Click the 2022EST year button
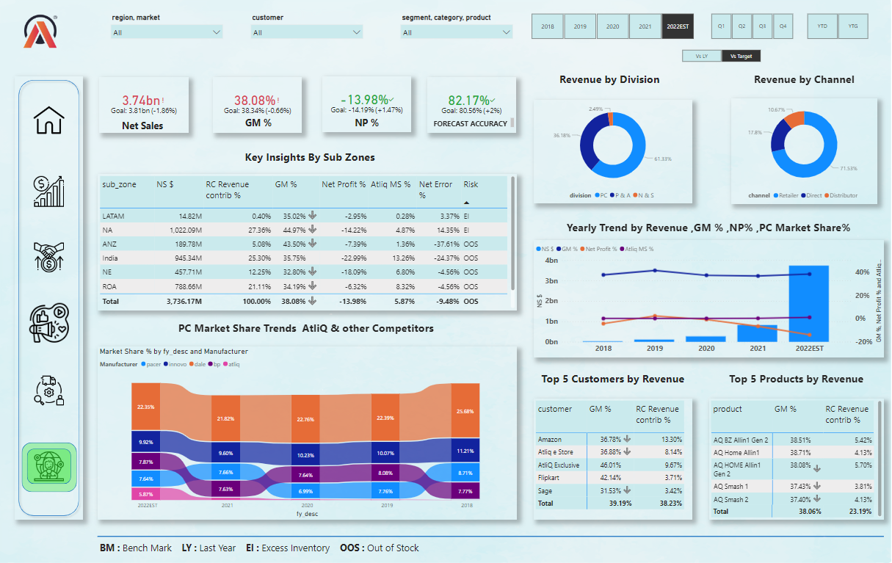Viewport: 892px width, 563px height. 678,26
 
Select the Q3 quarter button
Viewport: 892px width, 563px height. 762,26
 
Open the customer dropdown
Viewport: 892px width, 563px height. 307,32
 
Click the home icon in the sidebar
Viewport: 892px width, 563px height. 49,120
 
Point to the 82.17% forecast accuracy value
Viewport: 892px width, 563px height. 468,100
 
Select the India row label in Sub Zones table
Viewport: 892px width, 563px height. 110,258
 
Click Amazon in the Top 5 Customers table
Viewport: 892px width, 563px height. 550,439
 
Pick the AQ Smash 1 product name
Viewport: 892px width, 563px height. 731,486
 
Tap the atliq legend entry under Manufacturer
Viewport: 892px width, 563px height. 233,364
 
